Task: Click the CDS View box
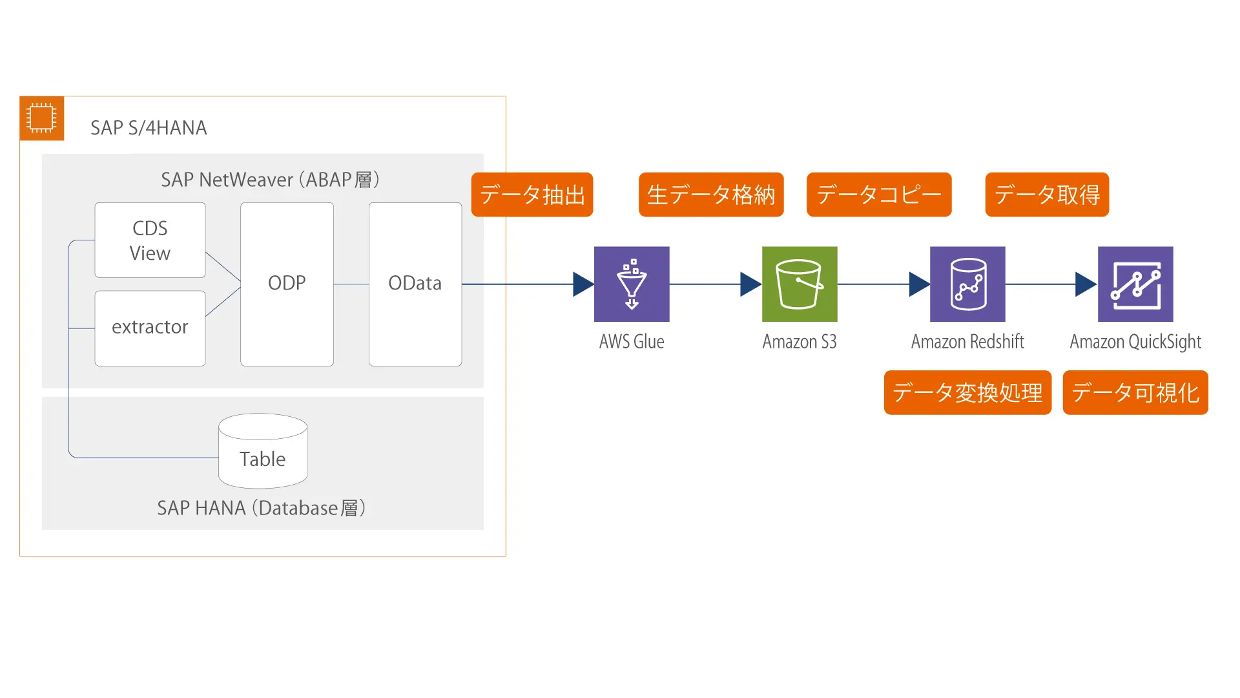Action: pyautogui.click(x=150, y=240)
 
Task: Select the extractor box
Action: pyautogui.click(x=150, y=328)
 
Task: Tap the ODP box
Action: pyautogui.click(x=287, y=284)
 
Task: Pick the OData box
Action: pyautogui.click(x=415, y=284)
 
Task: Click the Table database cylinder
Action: pyautogui.click(x=263, y=452)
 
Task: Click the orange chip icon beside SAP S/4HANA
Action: pyautogui.click(x=42, y=118)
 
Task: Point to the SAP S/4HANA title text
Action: pyautogui.click(x=149, y=128)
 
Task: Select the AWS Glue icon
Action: pyautogui.click(x=632, y=284)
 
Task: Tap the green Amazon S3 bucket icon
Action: pyautogui.click(x=800, y=284)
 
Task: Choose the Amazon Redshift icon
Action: pyautogui.click(x=967, y=284)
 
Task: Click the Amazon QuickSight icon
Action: pyautogui.click(x=1135, y=284)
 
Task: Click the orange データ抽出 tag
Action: pyautogui.click(x=532, y=195)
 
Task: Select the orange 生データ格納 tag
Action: pyautogui.click(x=711, y=195)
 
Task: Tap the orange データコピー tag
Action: pyautogui.click(x=879, y=195)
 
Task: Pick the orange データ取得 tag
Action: pyautogui.click(x=1047, y=195)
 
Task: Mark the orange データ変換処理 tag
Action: pyautogui.click(x=967, y=392)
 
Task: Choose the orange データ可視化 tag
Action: pyautogui.click(x=1135, y=392)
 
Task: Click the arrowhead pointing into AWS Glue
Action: pyautogui.click(x=583, y=284)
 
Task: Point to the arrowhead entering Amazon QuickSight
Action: pyautogui.click(x=1085, y=284)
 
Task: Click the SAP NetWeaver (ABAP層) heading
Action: pyautogui.click(x=270, y=180)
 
